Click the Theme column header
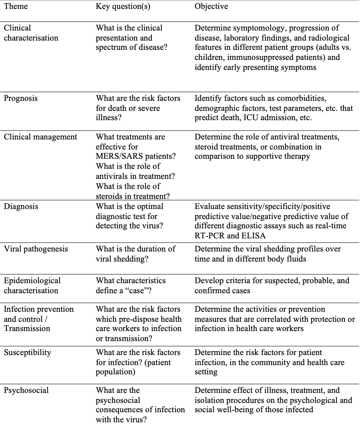[x=16, y=7]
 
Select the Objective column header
[x=211, y=7]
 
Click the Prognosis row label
[x=21, y=98]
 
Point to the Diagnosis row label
[x=21, y=206]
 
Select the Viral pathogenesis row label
[x=36, y=249]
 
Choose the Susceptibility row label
[x=27, y=352]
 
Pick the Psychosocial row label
[x=26, y=390]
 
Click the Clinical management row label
[x=41, y=137]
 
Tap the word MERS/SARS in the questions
[x=119, y=157]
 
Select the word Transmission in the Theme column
[x=27, y=328]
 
